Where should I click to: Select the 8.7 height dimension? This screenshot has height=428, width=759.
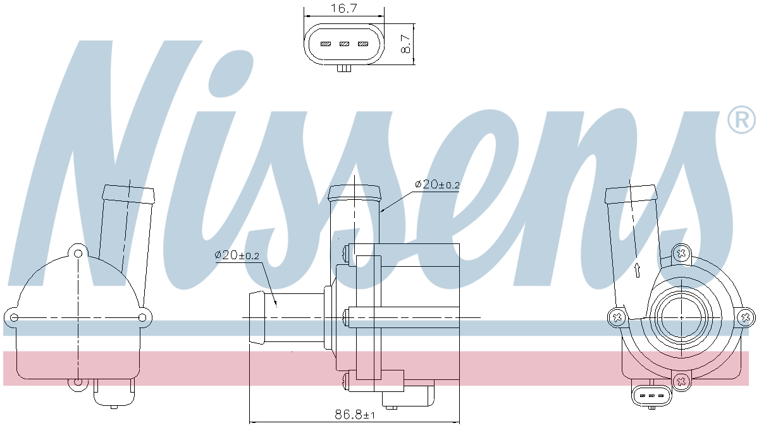pos(406,44)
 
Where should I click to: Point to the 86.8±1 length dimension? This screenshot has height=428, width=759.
pos(354,415)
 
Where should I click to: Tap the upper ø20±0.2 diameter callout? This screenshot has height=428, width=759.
pos(437,185)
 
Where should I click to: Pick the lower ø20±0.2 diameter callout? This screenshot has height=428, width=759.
pos(237,255)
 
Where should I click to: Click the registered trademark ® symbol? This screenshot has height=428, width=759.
pos(741,120)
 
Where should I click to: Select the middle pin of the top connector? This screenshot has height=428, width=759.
pos(344,44)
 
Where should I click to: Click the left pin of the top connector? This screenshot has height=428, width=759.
pos(326,44)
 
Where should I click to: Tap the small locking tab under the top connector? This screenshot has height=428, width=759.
pos(344,68)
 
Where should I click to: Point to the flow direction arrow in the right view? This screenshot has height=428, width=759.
pos(638,270)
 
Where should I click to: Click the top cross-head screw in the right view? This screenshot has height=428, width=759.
pos(681,254)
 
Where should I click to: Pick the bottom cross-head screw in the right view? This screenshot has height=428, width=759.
pos(681,380)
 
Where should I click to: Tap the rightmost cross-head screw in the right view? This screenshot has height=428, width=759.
pos(744,317)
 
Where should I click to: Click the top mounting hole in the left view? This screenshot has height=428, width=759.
pos(78,254)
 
